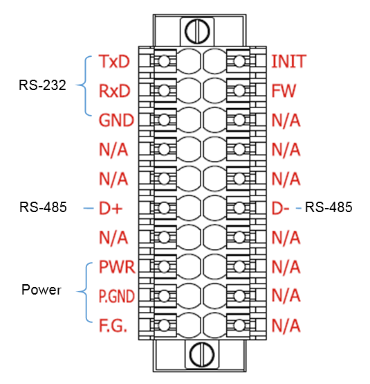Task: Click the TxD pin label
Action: pos(114,61)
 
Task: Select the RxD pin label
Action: pos(114,91)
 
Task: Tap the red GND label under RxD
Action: pos(116,120)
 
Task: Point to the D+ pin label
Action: pos(110,209)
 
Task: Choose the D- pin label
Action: pos(280,209)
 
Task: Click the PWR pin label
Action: pos(117,267)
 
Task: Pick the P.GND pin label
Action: pos(117,296)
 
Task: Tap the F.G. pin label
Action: pos(113,325)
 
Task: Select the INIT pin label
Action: pos(288,61)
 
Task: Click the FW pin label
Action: pos(284,91)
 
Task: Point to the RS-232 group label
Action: pos(42,85)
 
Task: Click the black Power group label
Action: pos(41,290)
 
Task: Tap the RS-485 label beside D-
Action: pos(329,207)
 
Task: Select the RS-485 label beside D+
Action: pos(43,207)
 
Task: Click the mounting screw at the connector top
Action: pos(197,32)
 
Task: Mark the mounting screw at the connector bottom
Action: pos(202,354)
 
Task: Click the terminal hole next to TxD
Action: pos(164,61)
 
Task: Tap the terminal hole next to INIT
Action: pos(239,61)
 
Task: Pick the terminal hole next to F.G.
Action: pos(164,325)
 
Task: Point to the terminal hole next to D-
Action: pos(239,208)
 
